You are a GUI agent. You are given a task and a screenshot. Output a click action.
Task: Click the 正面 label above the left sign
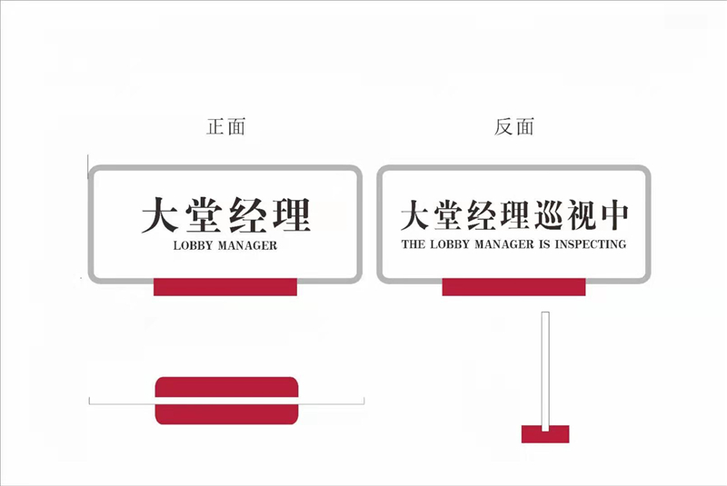[225, 127]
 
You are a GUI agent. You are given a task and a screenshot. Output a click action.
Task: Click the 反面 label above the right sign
[513, 127]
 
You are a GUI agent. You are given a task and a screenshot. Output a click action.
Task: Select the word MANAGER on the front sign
[247, 245]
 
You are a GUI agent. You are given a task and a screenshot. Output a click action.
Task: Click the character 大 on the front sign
[160, 214]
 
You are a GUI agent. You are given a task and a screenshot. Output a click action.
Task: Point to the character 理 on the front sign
[292, 214]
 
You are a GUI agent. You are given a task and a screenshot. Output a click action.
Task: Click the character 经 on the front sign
[248, 214]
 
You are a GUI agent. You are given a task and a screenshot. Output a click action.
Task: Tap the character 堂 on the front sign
[204, 214]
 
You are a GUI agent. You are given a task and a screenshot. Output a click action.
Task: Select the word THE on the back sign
[413, 244]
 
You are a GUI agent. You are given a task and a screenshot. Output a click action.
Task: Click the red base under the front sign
[225, 287]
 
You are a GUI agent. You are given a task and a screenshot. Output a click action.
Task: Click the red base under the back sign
[513, 287]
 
